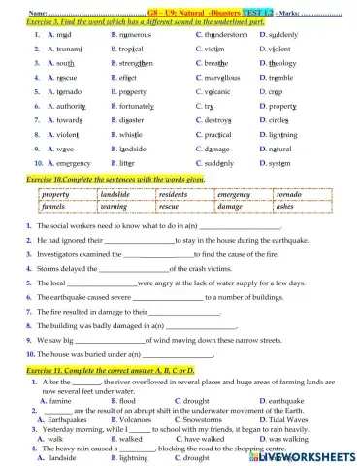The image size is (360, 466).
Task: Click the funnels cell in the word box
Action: point(54,207)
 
